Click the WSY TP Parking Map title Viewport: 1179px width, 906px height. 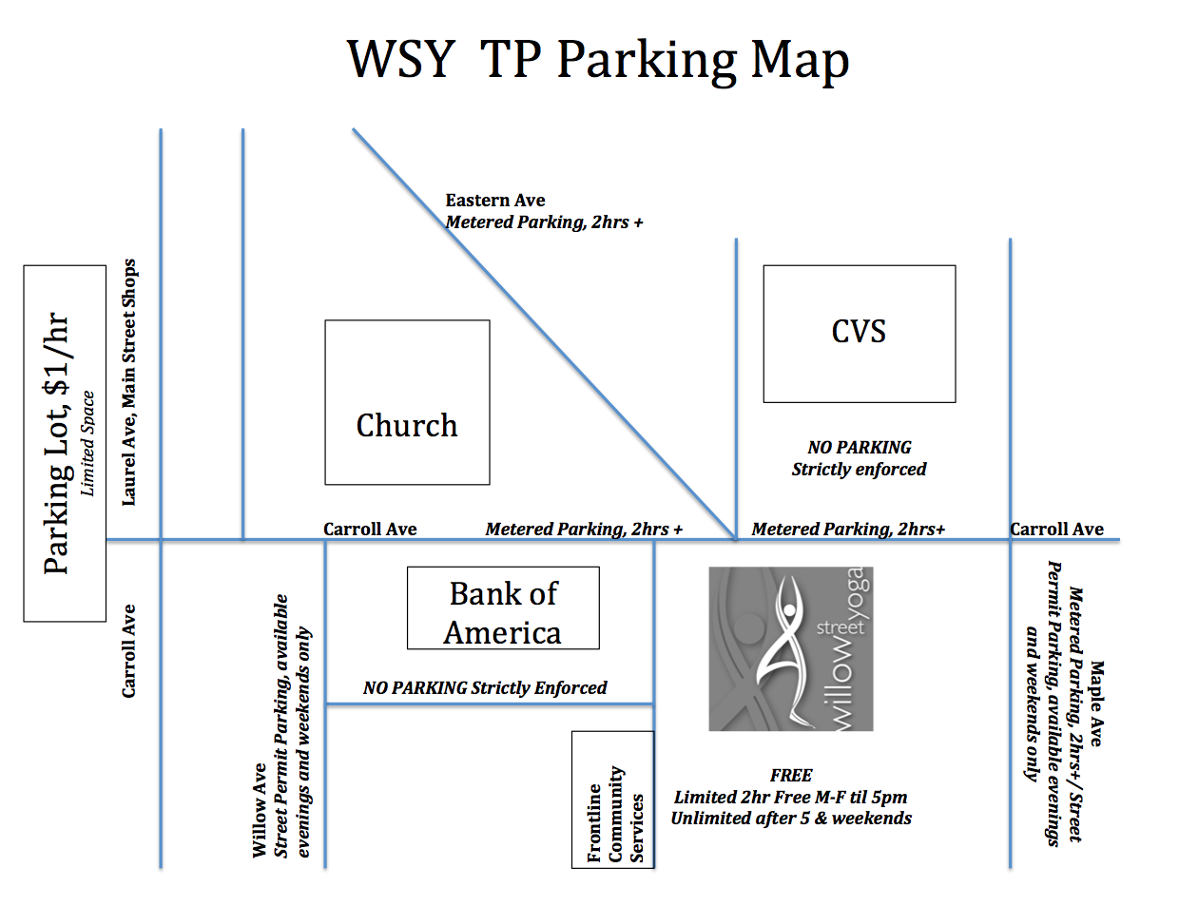(x=597, y=59)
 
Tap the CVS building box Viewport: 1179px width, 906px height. (x=859, y=333)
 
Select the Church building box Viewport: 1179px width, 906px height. (x=407, y=402)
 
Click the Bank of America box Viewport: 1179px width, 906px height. (x=503, y=608)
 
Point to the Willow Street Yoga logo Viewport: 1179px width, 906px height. (x=790, y=649)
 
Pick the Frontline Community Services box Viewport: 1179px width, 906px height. (x=613, y=799)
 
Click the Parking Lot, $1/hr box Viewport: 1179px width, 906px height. (x=64, y=443)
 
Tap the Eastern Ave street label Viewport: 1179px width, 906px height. (x=495, y=201)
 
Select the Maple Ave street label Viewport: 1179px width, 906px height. (x=1096, y=704)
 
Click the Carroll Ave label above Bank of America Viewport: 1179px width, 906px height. (x=370, y=530)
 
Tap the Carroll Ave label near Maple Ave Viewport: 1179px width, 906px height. (x=1056, y=530)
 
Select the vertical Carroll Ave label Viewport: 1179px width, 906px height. (x=129, y=651)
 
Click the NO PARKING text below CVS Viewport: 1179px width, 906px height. (x=859, y=448)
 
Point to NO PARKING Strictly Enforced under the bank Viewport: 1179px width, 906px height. (x=485, y=687)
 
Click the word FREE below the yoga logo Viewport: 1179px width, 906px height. (x=791, y=776)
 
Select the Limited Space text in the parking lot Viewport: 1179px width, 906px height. (x=87, y=443)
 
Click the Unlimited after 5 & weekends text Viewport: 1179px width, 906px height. (x=791, y=819)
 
